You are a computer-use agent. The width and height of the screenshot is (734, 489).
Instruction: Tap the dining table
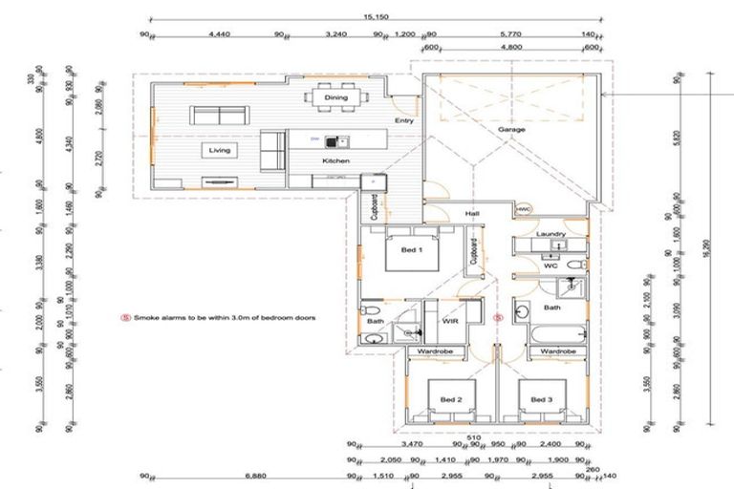pyautogui.click(x=335, y=97)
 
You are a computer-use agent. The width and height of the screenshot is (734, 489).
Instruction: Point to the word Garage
pyautogui.click(x=511, y=129)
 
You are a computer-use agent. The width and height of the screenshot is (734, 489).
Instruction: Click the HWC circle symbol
pyautogui.click(x=523, y=209)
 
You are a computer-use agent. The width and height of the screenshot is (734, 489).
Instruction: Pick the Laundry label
pyautogui.click(x=551, y=233)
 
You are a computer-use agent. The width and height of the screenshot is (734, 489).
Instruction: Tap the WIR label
pyautogui.click(x=452, y=322)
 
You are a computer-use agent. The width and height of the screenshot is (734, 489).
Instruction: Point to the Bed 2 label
pyautogui.click(x=451, y=398)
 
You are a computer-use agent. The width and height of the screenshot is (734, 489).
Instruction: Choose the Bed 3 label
pyautogui.click(x=542, y=398)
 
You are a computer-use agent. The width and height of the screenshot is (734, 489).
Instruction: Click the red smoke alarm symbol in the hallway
pyautogui.click(x=496, y=316)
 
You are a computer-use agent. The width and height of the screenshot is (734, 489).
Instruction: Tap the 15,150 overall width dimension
pyautogui.click(x=375, y=16)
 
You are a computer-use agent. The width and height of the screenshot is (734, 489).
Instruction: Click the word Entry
pyautogui.click(x=403, y=121)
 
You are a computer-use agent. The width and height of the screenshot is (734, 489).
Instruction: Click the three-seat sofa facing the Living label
pyautogui.click(x=220, y=116)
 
